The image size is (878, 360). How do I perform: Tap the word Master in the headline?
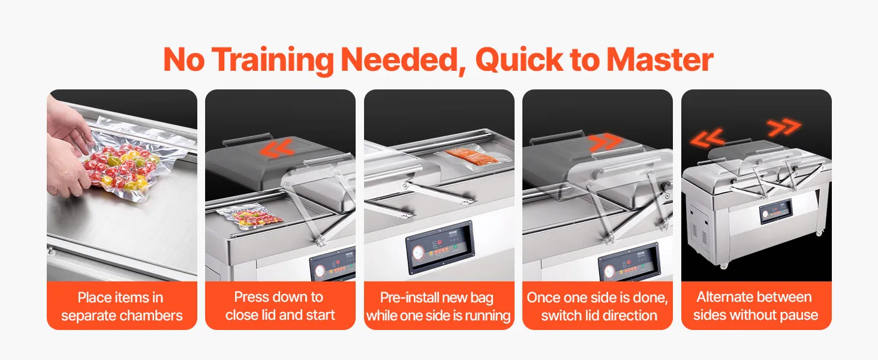pyautogui.click(x=660, y=60)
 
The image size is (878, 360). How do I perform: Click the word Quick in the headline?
pyautogui.click(x=519, y=60)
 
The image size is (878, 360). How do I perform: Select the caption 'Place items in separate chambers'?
pyautogui.click(x=122, y=306)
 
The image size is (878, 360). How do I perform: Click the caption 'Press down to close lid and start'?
pyautogui.click(x=280, y=306)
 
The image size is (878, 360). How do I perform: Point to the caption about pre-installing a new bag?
pyautogui.click(x=438, y=307)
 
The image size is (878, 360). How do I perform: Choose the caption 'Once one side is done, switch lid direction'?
pyautogui.click(x=597, y=306)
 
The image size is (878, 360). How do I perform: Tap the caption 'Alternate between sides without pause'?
pyautogui.click(x=755, y=306)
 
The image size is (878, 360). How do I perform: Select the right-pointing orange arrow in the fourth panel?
pyautogui.click(x=605, y=142)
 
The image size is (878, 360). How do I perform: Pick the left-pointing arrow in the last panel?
pyautogui.click(x=706, y=138)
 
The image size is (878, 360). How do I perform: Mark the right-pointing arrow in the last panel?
pyautogui.click(x=784, y=127)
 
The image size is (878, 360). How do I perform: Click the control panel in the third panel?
pyautogui.click(x=440, y=247)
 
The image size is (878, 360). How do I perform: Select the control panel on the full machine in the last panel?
pyautogui.click(x=775, y=212)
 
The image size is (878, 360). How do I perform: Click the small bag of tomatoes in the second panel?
pyautogui.click(x=250, y=218)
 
